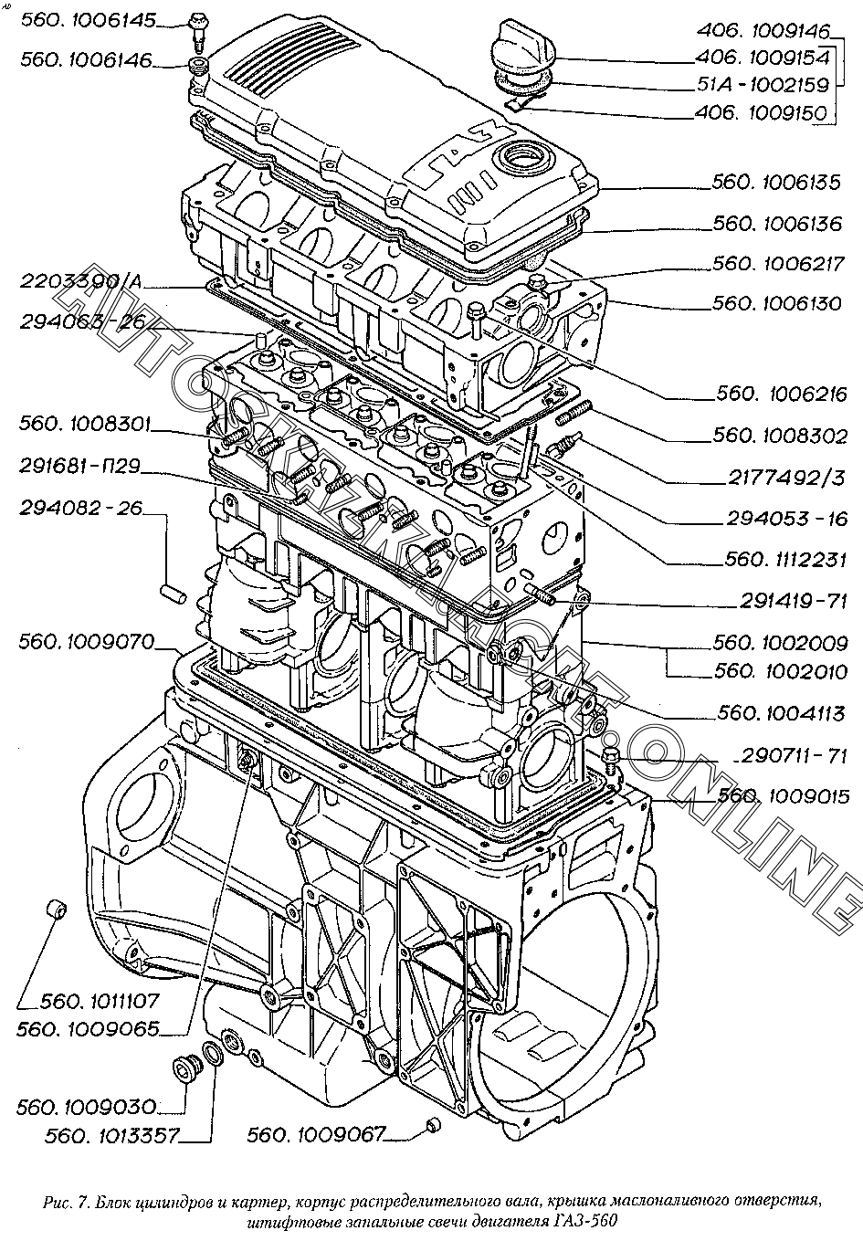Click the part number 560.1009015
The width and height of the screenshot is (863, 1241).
(784, 795)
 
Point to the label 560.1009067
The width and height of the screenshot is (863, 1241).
(316, 1134)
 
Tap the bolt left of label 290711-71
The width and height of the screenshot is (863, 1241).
(611, 754)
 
